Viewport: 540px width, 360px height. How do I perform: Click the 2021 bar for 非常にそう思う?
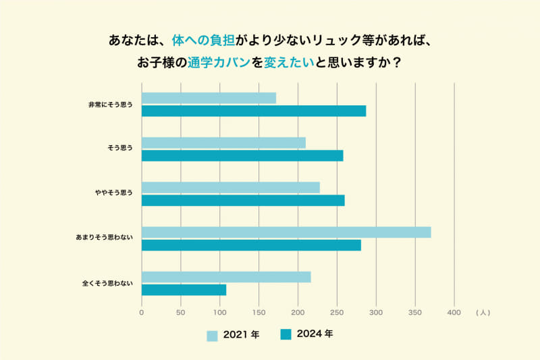tap(209, 98)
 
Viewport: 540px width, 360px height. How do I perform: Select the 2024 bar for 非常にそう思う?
tap(254, 111)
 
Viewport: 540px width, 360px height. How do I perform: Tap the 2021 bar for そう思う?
tap(223, 143)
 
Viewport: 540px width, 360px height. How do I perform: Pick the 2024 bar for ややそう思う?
tap(243, 200)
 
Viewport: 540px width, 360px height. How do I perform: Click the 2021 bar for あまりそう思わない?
tap(286, 232)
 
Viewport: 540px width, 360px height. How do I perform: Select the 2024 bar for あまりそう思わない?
tap(251, 245)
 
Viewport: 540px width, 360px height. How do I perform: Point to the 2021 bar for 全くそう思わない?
tap(226, 277)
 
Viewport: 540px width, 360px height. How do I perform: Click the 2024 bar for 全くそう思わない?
tap(184, 290)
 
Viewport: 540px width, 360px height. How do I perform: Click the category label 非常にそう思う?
tap(110, 105)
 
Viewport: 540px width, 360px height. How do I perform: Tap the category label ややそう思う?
tap(113, 193)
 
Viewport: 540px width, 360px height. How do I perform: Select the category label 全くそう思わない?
tap(107, 284)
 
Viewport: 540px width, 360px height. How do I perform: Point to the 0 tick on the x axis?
tap(142, 313)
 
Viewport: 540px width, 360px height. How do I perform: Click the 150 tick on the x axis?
tap(259, 313)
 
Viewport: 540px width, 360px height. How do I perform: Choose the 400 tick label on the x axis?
tap(454, 313)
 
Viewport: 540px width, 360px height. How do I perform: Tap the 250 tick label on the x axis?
tap(337, 313)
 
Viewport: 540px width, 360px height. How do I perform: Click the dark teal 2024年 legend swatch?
tap(286, 334)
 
